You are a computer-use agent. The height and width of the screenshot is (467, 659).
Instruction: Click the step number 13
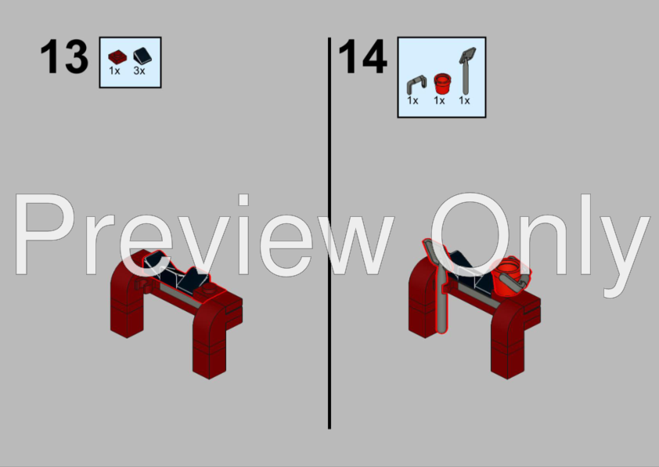(x=64, y=56)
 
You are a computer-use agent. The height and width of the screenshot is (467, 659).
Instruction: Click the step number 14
(x=362, y=56)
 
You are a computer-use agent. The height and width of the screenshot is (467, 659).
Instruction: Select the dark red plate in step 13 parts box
(x=117, y=57)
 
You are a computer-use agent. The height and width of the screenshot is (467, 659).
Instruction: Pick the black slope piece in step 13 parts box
(x=142, y=56)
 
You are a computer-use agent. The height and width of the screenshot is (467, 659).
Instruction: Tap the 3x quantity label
(x=139, y=71)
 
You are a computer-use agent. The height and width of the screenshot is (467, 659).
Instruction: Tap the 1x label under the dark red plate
(x=114, y=71)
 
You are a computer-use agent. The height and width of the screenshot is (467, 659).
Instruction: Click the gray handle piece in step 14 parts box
(x=416, y=85)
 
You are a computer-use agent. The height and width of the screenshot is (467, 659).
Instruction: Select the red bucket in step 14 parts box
(x=441, y=83)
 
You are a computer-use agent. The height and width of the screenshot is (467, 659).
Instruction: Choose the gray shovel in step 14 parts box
(x=466, y=71)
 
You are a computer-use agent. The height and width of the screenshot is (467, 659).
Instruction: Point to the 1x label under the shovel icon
(x=464, y=100)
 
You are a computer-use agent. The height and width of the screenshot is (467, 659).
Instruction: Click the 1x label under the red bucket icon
(x=439, y=100)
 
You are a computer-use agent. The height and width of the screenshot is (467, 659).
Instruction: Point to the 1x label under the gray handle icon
(x=412, y=100)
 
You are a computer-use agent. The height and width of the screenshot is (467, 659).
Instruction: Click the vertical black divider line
(x=329, y=233)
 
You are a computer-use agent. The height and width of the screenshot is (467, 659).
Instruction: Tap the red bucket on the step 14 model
(x=506, y=277)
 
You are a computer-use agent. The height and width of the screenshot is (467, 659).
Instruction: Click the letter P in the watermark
(x=45, y=234)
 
